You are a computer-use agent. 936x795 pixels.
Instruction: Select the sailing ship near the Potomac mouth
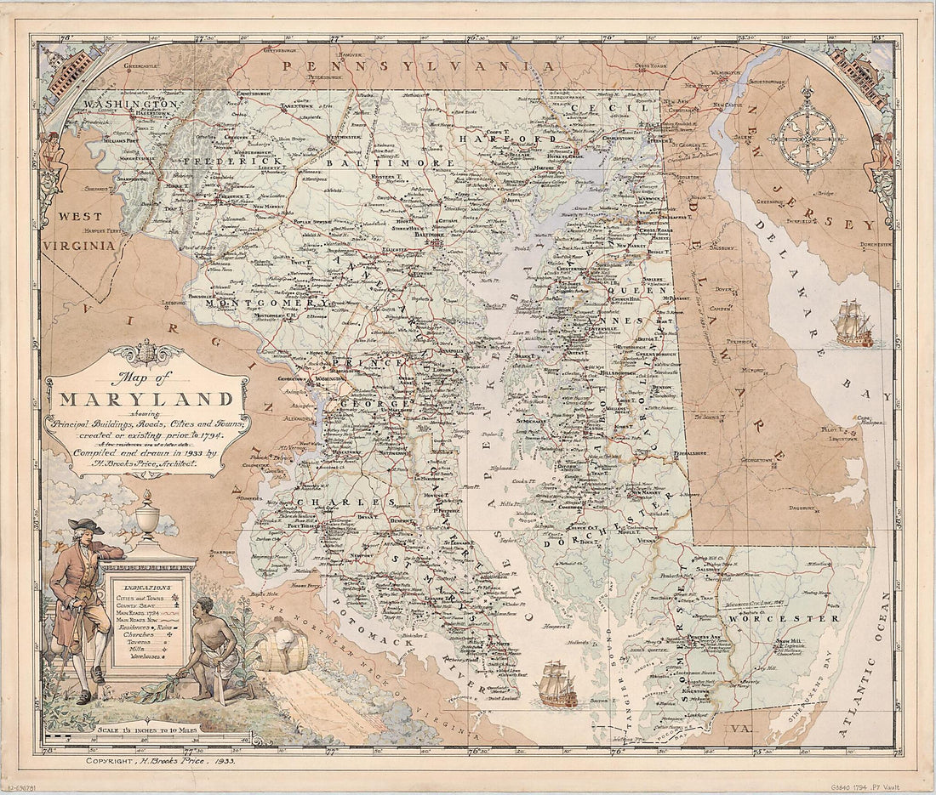point(557,685)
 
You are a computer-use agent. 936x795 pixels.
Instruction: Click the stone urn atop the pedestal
point(148,513)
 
